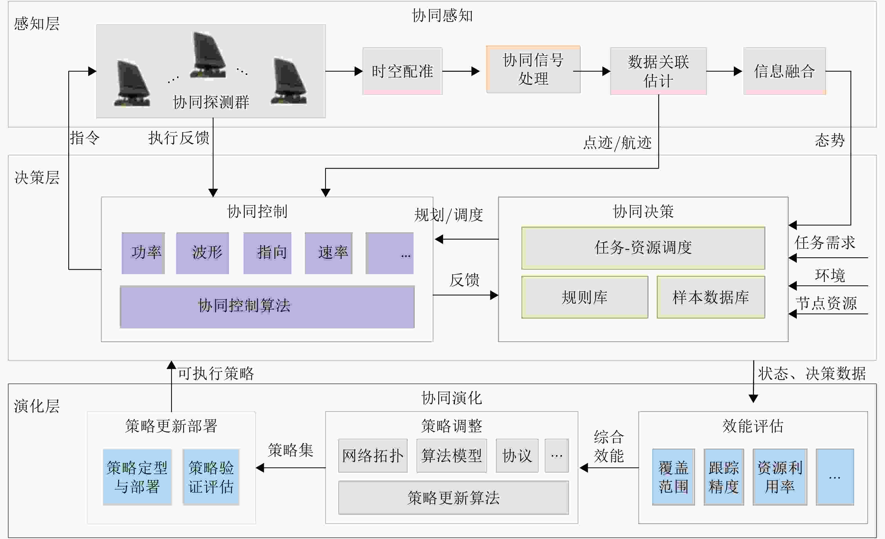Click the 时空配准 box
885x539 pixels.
coord(402,71)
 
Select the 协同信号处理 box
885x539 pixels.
coord(533,69)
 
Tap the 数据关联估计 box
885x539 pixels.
coord(658,71)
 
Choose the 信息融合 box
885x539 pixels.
coord(784,71)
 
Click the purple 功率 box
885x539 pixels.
coord(143,253)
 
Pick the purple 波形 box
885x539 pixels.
coord(202,253)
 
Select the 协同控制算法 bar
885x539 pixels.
coord(267,306)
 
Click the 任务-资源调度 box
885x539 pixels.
coord(643,248)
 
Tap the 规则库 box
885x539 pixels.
coord(585,297)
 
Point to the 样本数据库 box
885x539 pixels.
coord(711,297)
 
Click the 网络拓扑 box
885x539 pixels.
coord(373,455)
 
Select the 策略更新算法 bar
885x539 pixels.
coord(453,498)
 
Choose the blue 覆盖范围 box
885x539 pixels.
coord(673,477)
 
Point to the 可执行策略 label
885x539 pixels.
coord(216,374)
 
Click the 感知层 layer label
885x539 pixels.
coord(37,24)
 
